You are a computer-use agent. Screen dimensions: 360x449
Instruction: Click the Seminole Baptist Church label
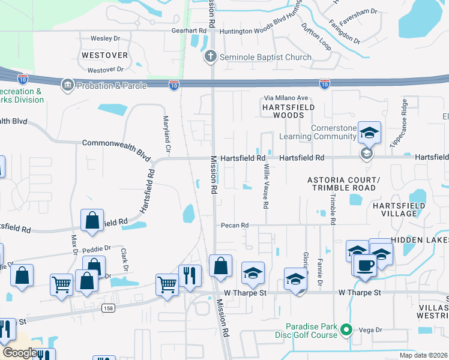(265, 57)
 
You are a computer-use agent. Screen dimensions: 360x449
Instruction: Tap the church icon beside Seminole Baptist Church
(210, 57)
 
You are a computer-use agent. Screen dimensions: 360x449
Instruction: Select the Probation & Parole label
(111, 86)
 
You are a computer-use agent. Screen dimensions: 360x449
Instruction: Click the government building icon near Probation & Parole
(67, 85)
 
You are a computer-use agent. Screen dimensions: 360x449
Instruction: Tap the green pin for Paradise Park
(346, 329)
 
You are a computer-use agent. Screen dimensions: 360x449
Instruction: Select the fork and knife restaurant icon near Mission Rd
(190, 276)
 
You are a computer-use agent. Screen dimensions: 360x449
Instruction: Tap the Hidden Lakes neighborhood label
(420, 239)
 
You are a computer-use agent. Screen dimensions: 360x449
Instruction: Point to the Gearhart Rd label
(188, 30)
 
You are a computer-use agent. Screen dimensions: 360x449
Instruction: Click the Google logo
(20, 353)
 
